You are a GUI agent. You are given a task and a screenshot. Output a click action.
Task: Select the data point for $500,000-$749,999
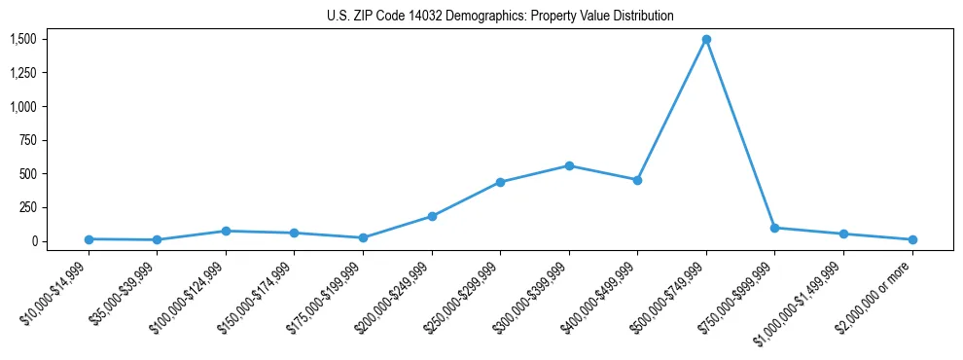click(x=706, y=40)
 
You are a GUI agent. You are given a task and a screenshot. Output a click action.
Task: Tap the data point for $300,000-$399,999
click(x=569, y=165)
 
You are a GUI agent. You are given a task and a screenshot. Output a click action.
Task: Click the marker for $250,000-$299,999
click(x=500, y=182)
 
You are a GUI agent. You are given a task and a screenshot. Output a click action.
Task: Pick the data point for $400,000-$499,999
click(x=637, y=180)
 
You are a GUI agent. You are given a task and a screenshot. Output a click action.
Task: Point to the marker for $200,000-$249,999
click(x=432, y=216)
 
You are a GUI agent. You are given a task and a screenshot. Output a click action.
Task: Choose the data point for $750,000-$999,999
click(x=774, y=228)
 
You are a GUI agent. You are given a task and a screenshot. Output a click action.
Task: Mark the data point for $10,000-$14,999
click(x=89, y=239)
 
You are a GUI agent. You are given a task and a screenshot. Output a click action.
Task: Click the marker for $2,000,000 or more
click(x=912, y=239)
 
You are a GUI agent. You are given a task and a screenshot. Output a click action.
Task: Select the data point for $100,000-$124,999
click(x=226, y=231)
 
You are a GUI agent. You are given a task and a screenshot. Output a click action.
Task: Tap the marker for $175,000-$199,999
click(x=363, y=237)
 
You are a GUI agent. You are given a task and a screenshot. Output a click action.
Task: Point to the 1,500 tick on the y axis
click(x=23, y=39)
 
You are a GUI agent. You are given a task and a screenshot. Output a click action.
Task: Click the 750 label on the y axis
click(x=27, y=140)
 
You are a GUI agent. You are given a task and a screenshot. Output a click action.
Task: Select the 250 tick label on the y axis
click(x=27, y=207)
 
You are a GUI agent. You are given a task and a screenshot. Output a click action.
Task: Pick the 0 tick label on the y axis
click(x=33, y=241)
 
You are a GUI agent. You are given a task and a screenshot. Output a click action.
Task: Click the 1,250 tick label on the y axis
click(x=23, y=73)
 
